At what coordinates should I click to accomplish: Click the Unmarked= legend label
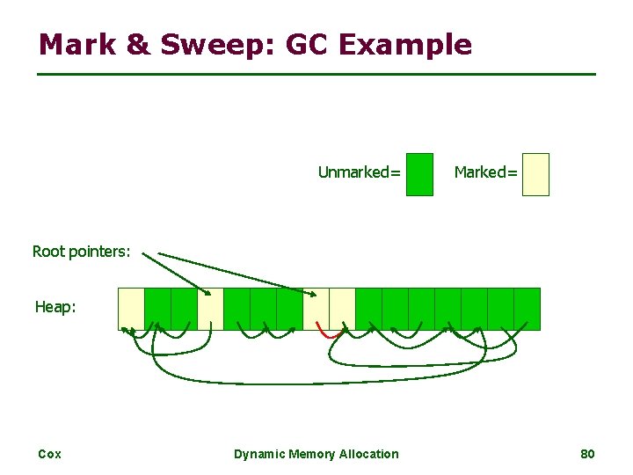pos(359,172)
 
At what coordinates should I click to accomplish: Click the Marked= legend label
pos(485,172)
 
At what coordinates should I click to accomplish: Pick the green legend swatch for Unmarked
pos(420,174)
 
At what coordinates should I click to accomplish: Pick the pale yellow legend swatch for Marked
pos(535,174)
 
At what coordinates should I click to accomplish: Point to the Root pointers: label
pos(81,252)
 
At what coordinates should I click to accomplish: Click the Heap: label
pos(55,307)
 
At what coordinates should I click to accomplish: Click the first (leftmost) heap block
pos(131,309)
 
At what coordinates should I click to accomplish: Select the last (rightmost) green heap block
pos(527,309)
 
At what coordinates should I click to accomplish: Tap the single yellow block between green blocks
pos(210,309)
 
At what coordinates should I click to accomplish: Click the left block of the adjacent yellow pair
pos(316,309)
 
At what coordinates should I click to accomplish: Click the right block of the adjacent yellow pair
pos(342,309)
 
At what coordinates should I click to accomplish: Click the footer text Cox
pos(49,454)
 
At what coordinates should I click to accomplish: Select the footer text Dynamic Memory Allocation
pos(316,454)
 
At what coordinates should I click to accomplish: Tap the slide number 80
pos(587,454)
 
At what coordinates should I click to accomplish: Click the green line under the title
pos(316,74)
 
